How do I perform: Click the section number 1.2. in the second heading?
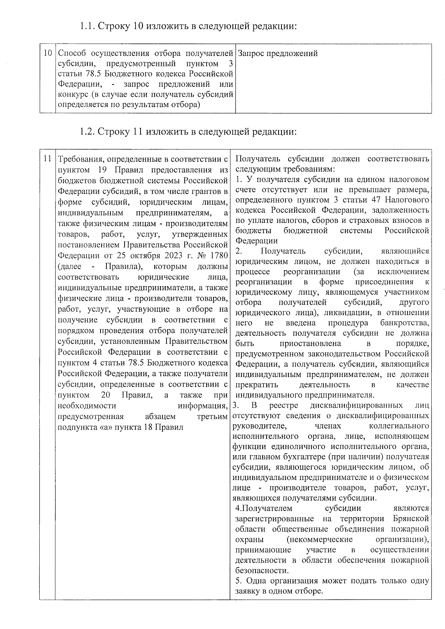[x=87, y=132]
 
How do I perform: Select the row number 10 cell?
[x=47, y=53]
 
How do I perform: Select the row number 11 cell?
[x=47, y=159]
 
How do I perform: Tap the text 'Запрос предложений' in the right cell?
[x=278, y=53]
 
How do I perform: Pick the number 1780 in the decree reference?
[x=218, y=255]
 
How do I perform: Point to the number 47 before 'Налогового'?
[x=376, y=200]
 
